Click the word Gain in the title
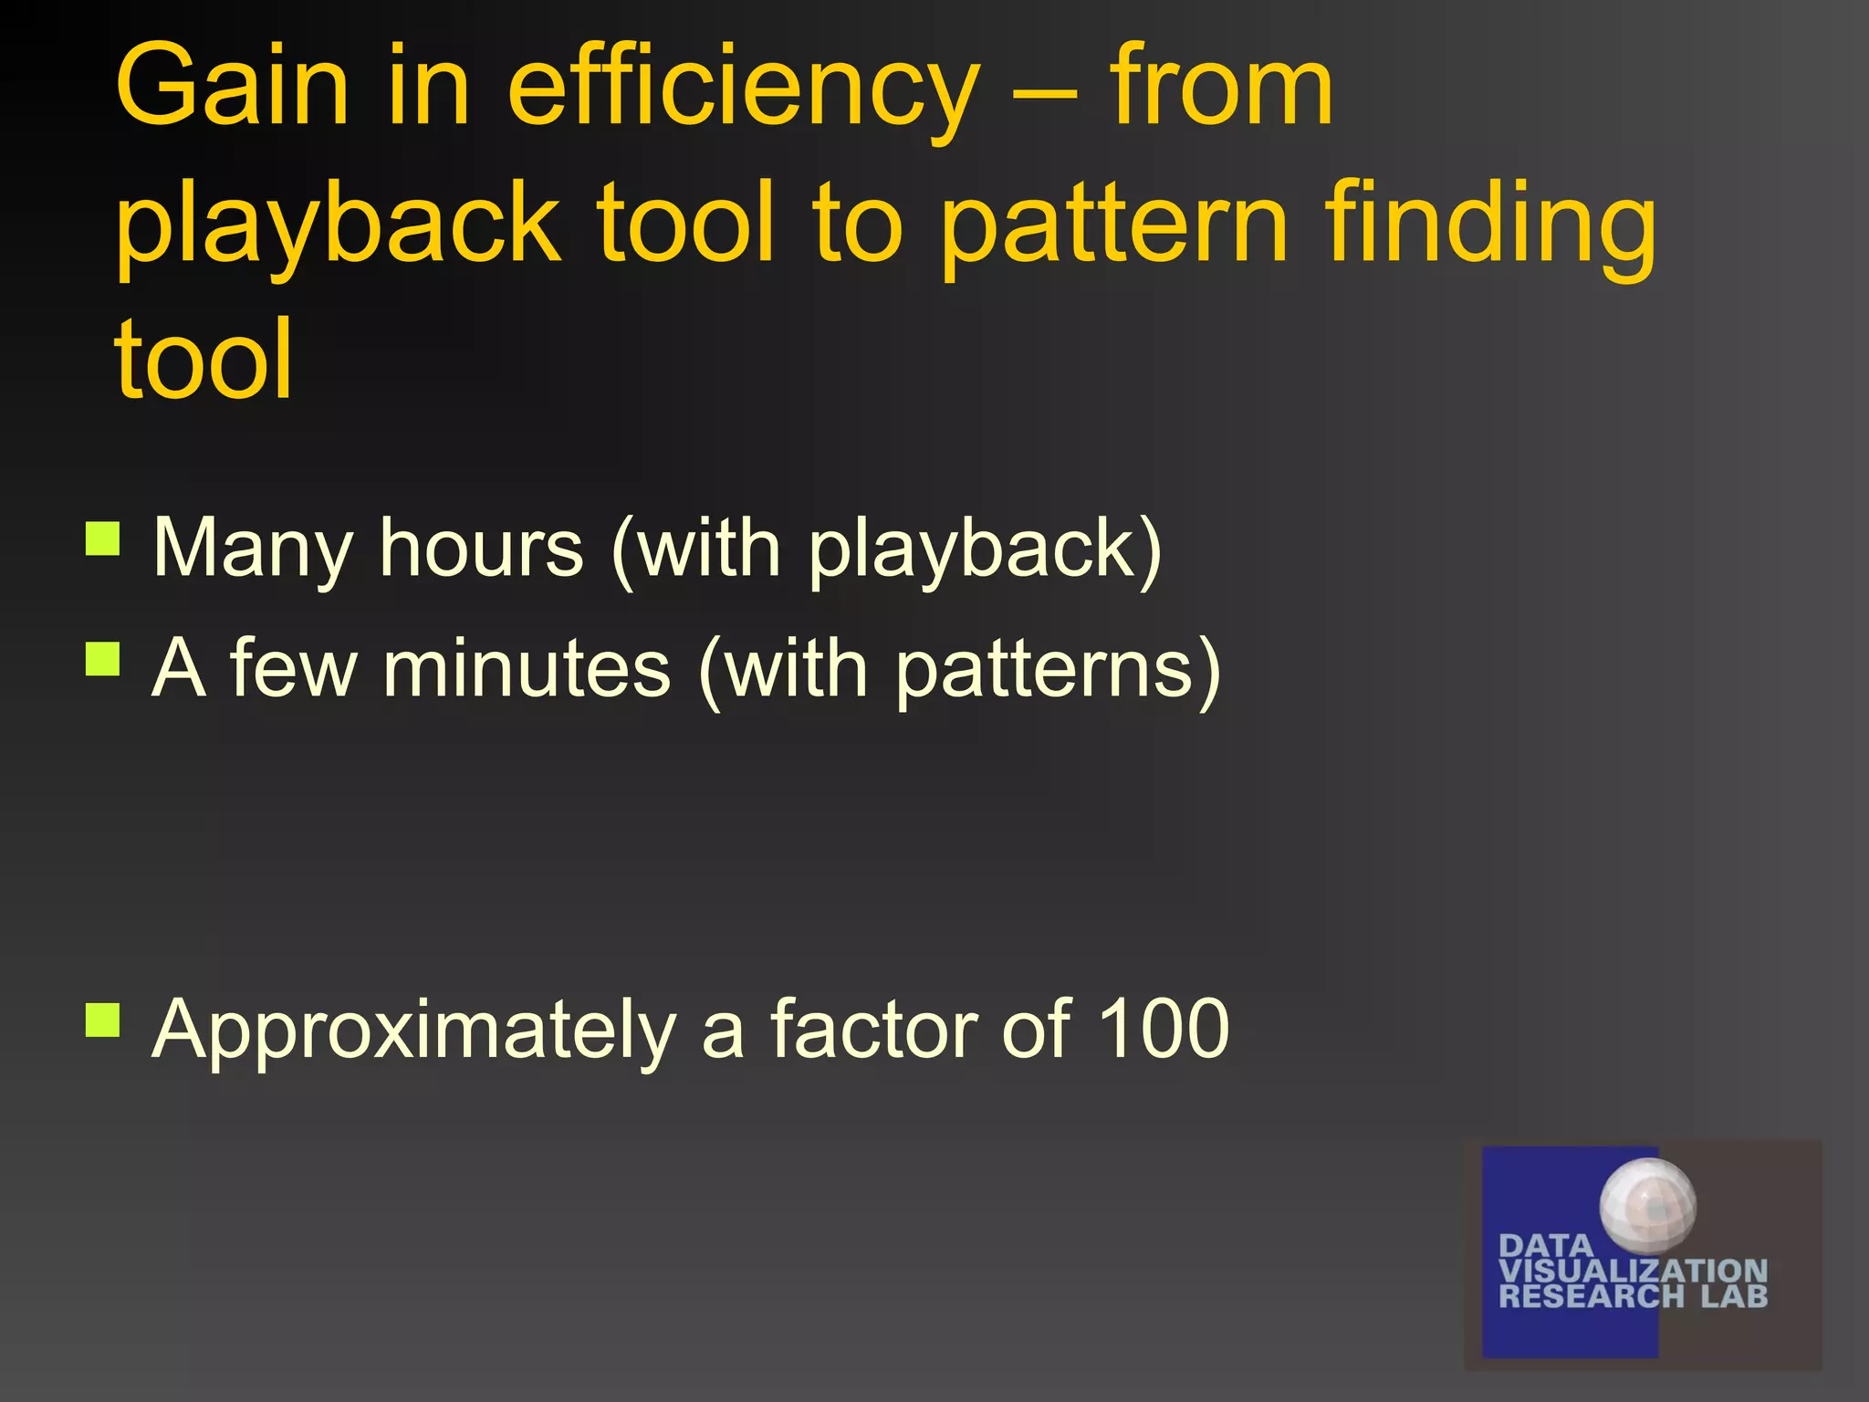tap(232, 87)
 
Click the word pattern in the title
tap(1113, 224)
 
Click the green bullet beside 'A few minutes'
tap(103, 658)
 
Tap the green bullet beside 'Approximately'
tap(103, 1020)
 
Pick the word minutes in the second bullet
tap(527, 668)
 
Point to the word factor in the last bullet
tap(875, 1029)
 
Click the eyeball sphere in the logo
tap(1647, 1204)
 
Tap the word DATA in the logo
tap(1545, 1246)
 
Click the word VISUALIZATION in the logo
tap(1633, 1271)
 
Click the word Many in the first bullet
tap(252, 549)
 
